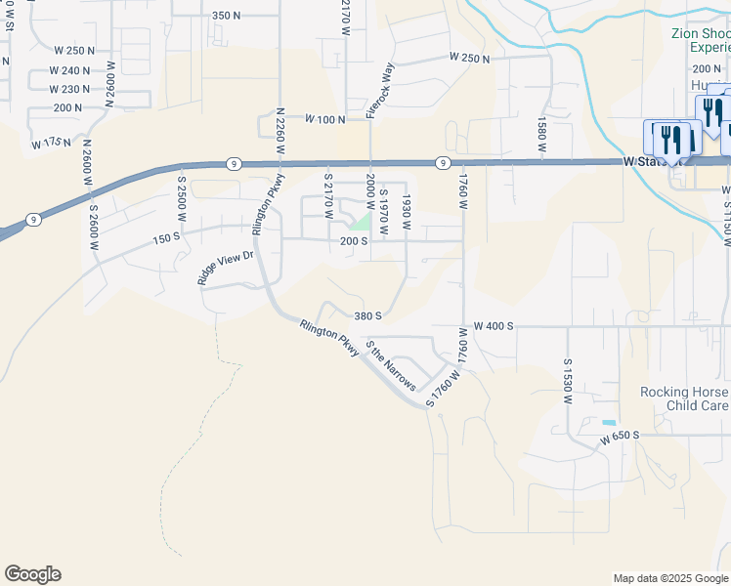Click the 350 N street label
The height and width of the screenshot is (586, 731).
(x=226, y=16)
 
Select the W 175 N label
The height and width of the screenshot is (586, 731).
(x=51, y=144)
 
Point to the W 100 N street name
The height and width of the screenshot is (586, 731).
(x=325, y=119)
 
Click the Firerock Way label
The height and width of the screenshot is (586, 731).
(x=379, y=91)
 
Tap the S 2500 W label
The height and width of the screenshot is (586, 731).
(x=181, y=198)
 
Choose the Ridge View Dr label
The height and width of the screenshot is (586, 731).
(x=226, y=268)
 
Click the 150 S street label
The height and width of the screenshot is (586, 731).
(x=166, y=237)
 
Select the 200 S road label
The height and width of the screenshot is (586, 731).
(x=353, y=241)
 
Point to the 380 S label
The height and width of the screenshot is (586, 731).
(x=367, y=315)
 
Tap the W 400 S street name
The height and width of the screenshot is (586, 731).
(x=494, y=326)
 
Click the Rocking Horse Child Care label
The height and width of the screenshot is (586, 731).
(x=684, y=398)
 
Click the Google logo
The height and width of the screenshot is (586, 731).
(x=32, y=574)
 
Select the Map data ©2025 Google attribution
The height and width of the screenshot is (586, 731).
(x=670, y=578)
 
